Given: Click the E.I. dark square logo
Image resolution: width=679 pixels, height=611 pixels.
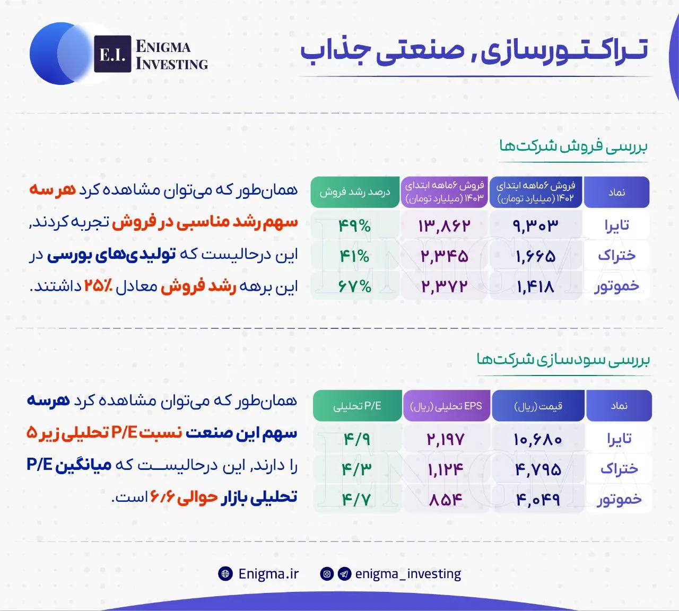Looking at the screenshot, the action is [x=112, y=54].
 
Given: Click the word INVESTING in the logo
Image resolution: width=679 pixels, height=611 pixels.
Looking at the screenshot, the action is [x=172, y=64].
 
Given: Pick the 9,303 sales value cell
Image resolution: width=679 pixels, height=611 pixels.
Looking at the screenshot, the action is [x=535, y=225].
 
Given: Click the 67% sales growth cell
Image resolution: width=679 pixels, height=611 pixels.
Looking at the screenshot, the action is [x=355, y=286].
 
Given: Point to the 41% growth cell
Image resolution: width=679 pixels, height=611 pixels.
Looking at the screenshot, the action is [x=355, y=256].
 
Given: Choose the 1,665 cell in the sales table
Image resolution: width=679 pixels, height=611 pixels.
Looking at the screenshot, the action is [x=535, y=256].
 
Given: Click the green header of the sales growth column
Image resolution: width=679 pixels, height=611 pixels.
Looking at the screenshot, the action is [x=355, y=192].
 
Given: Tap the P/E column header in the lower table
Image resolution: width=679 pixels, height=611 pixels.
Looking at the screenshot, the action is [x=358, y=406].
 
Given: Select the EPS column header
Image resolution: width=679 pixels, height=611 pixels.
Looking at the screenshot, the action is [x=447, y=406].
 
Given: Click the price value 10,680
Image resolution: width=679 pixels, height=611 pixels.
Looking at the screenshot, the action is [x=538, y=439].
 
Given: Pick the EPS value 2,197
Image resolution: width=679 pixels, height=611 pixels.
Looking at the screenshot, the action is [x=446, y=439].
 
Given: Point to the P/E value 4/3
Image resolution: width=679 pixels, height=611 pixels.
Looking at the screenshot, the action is [x=357, y=469].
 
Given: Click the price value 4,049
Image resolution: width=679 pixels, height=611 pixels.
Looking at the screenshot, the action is [x=538, y=499].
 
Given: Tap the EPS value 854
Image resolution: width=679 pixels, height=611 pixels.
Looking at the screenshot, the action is [x=446, y=499].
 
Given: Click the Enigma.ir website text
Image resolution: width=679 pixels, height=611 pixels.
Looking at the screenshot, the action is [x=268, y=574].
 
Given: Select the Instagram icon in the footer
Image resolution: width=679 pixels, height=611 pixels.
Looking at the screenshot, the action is [x=327, y=574].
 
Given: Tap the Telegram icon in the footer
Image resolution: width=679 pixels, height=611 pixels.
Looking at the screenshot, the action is [x=345, y=574].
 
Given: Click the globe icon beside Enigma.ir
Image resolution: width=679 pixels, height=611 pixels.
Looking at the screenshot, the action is [x=225, y=574].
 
